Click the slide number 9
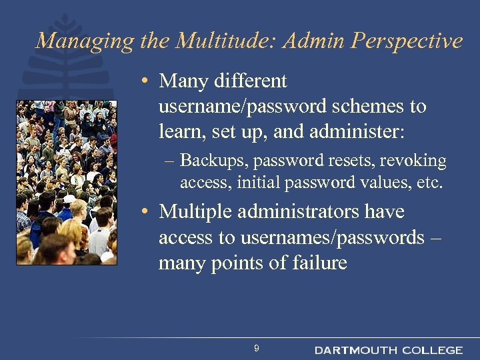click(257, 349)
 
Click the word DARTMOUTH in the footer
click(355, 350)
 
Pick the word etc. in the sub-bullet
click(429, 182)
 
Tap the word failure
click(319, 263)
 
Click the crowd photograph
click(67, 182)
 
